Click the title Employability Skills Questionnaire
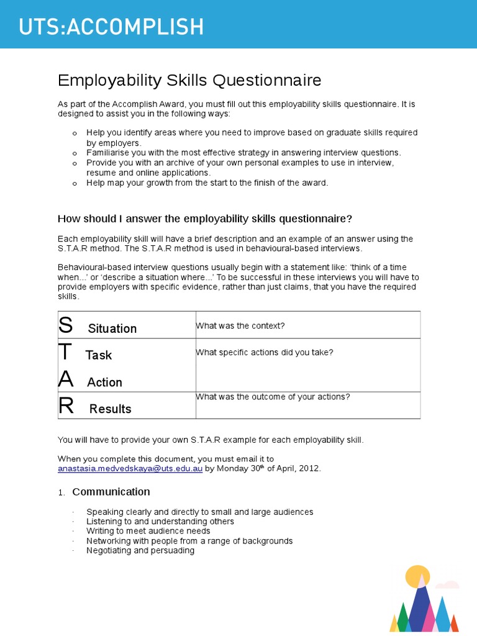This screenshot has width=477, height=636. click(x=189, y=80)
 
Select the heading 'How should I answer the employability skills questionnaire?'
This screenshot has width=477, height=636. click(x=205, y=219)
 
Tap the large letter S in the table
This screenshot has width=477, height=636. click(x=65, y=325)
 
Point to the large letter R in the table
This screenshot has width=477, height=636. click(x=66, y=406)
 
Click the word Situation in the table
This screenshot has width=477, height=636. click(x=112, y=329)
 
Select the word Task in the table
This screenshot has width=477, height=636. click(x=99, y=355)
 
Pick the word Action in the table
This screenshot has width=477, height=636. click(x=104, y=383)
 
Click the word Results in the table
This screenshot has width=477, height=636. click(x=111, y=409)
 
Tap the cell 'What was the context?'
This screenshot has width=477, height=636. click(x=240, y=326)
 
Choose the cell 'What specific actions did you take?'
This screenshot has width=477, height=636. click(x=265, y=352)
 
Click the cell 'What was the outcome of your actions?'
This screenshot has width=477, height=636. click(x=273, y=397)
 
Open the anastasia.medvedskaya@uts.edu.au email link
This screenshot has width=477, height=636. click(x=130, y=469)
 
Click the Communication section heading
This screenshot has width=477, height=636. click(x=111, y=492)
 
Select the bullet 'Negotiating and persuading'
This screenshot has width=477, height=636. click(x=140, y=550)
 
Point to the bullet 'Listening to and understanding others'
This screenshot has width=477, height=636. click(x=160, y=522)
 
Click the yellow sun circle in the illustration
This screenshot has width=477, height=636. click(x=417, y=577)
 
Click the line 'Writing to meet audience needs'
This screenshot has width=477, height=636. click(x=148, y=531)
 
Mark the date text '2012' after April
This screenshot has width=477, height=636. click(x=308, y=469)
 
